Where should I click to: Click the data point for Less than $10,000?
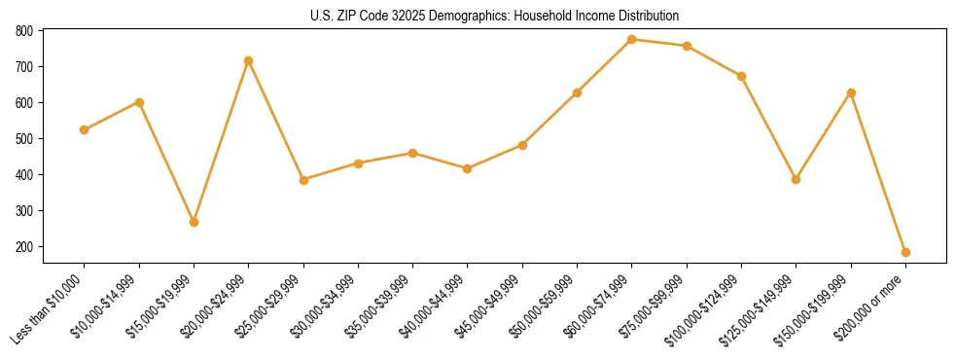(85, 129)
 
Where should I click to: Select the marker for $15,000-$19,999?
(194, 222)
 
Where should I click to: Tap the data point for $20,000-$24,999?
(249, 60)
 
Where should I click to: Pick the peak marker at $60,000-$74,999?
(632, 39)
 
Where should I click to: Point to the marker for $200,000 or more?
(905, 252)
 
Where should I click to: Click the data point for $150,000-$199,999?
(851, 92)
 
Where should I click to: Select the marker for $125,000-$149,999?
(796, 179)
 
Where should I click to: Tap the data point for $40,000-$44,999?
(468, 168)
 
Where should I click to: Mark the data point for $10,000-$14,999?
(139, 102)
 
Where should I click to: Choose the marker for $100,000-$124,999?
(741, 76)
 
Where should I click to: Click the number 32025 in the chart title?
(397, 17)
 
